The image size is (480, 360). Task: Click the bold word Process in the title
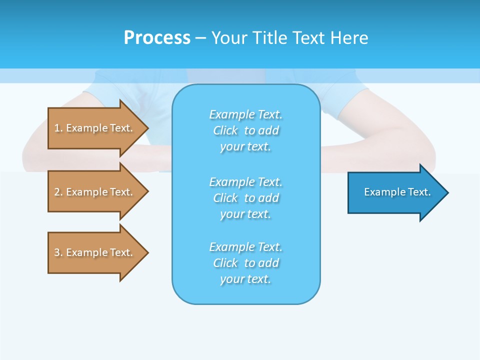coord(157,38)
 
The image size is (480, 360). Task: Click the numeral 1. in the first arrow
coord(58,128)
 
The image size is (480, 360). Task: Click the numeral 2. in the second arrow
coord(58,192)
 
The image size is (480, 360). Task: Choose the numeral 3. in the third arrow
coord(58,252)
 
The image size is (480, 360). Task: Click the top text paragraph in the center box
coord(246,130)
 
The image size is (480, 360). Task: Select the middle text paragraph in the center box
coord(246,198)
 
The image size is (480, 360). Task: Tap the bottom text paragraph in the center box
coord(246,263)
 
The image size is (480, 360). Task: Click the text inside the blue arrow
coord(397,192)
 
